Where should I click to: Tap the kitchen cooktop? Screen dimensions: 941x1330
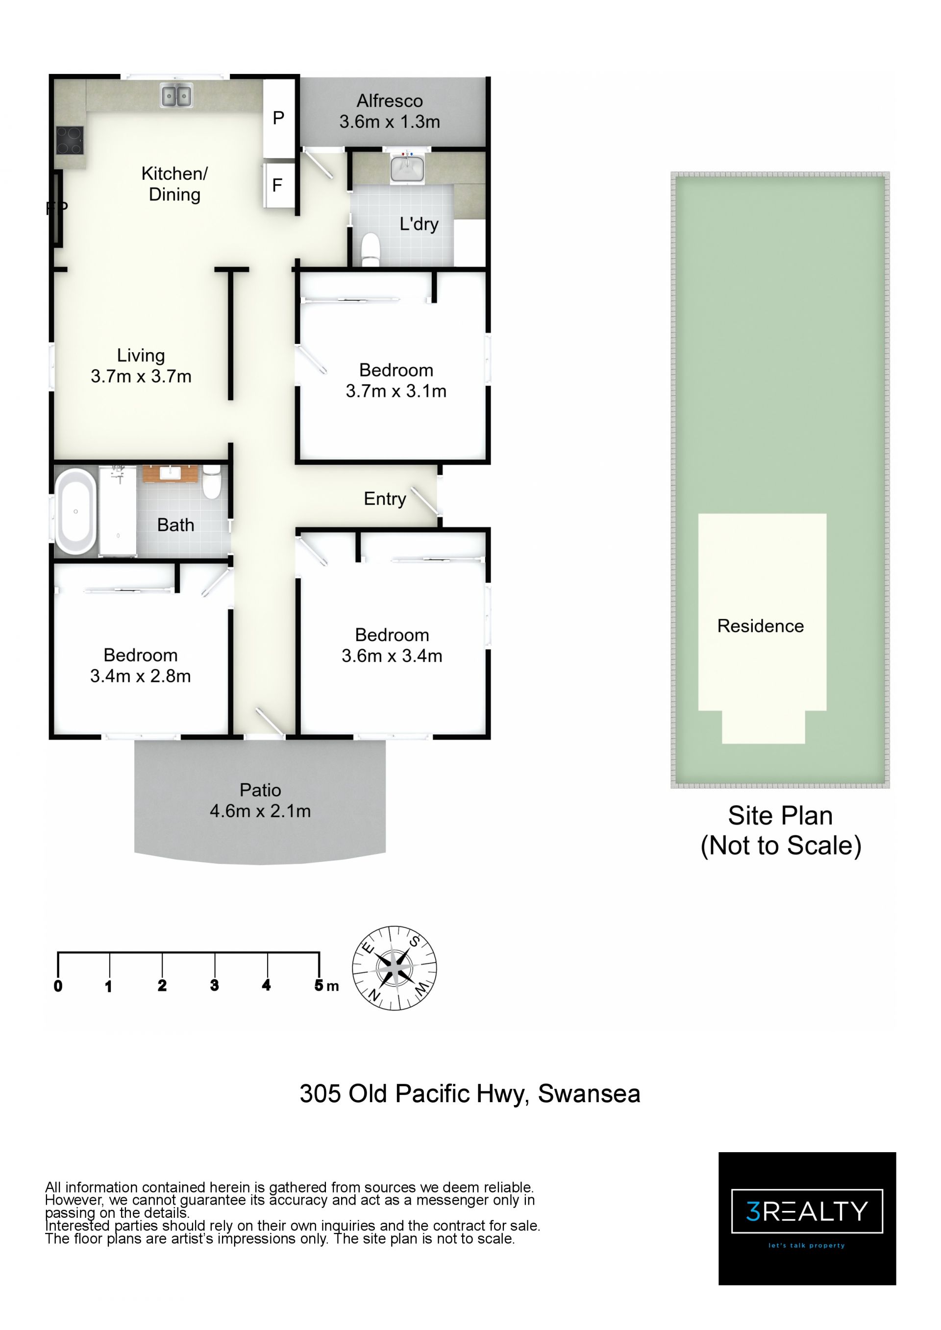[70, 141]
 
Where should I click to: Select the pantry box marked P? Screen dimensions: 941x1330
[279, 118]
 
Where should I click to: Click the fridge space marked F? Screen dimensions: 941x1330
[278, 185]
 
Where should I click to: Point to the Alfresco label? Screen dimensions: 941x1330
[389, 101]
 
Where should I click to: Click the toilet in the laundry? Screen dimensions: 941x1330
[370, 250]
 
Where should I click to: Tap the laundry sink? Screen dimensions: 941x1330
[407, 169]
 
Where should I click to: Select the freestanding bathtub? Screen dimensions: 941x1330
[76, 511]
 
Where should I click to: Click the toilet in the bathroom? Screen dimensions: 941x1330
[212, 483]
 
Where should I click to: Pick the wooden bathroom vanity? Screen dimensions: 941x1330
[171, 473]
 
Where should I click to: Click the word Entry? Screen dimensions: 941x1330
[385, 499]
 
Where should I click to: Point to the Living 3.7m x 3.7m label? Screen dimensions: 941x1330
[141, 365]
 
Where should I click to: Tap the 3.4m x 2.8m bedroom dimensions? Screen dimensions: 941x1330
[140, 676]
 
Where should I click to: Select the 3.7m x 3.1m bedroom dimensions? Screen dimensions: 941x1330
[396, 391]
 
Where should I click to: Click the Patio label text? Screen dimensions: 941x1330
[260, 790]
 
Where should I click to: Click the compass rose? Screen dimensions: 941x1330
[395, 968]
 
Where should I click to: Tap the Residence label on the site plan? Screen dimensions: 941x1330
[760, 626]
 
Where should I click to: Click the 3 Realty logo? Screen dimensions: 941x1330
[807, 1219]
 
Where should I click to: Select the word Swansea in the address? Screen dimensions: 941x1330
[589, 1094]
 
